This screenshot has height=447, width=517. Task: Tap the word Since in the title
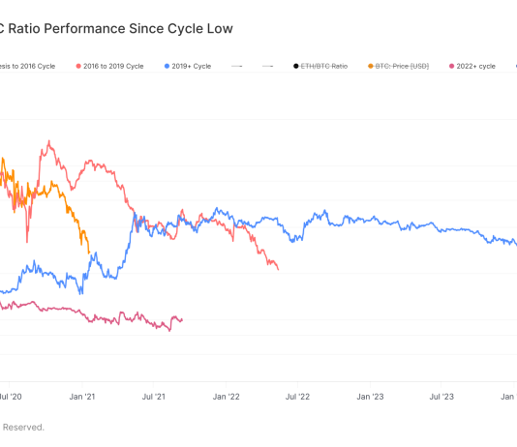pos(150,28)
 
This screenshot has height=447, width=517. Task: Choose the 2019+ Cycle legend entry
pos(194,67)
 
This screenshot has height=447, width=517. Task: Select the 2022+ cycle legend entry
pos(472,67)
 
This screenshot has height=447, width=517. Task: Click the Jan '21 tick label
pos(83,397)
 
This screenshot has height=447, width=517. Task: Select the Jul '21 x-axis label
pos(155,397)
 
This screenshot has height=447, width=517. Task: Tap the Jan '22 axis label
pos(227,397)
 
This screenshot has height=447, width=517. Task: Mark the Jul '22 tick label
pos(298,397)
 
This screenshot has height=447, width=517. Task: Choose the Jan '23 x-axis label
pos(370,397)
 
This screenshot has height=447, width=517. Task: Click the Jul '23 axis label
pos(441,397)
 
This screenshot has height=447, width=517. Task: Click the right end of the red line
pos(278,269)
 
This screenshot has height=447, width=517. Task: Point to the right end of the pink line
pos(182,319)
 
